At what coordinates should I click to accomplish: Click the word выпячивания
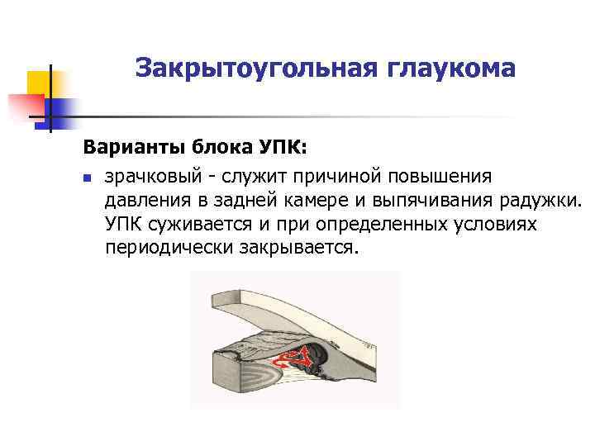tap(445, 201)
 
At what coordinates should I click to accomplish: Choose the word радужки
tap(546, 201)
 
